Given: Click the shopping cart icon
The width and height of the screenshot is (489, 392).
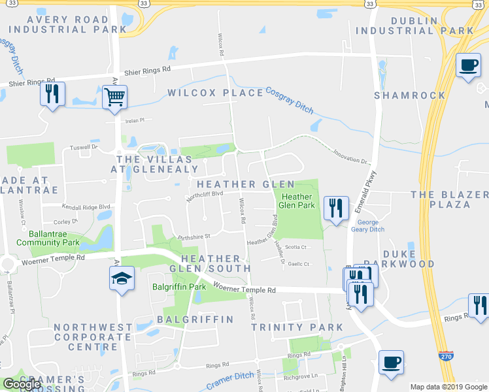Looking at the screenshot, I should [x=114, y=98].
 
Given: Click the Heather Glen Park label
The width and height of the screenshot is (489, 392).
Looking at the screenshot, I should [x=297, y=201].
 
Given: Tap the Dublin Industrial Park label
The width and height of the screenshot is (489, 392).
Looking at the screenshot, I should [x=432, y=25].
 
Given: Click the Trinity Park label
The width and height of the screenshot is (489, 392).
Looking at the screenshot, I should [x=297, y=327].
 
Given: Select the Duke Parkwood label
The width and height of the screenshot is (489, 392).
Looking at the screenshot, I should [x=409, y=258].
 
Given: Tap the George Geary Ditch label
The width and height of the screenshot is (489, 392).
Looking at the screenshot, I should [x=372, y=226].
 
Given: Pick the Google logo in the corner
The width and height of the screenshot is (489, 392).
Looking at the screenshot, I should [x=22, y=384].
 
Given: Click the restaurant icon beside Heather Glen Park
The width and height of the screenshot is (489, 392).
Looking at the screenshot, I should [x=336, y=209].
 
